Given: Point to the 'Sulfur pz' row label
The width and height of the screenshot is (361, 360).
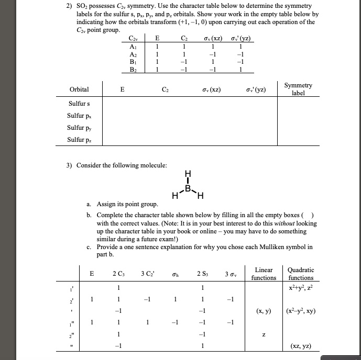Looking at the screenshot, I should point(79,140).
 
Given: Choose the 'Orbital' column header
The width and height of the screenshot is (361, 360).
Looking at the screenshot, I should point(79,89).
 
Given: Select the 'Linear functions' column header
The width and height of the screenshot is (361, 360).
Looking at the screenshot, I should point(264,273).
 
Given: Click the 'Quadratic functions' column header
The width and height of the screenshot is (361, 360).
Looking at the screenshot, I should point(301,273).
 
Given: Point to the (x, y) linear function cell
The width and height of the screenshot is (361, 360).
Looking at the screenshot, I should point(264,311).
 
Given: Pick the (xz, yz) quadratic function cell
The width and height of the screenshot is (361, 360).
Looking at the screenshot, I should point(301,346).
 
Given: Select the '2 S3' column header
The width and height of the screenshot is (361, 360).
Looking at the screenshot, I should point(201,273).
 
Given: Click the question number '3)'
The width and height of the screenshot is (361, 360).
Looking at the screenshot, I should point(69,165).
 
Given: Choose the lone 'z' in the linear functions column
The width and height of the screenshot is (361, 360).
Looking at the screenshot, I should point(264,334).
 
